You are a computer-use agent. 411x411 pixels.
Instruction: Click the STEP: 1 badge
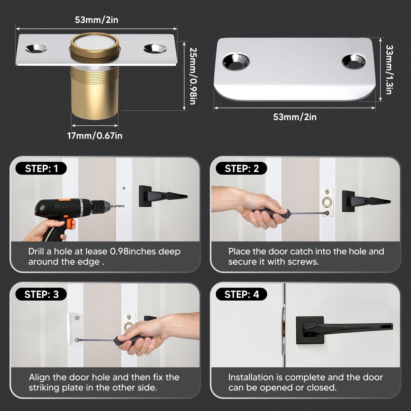(x=41, y=168)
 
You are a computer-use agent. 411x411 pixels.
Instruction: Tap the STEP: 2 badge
(x=241, y=168)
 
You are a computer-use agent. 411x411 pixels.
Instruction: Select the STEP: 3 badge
(x=41, y=294)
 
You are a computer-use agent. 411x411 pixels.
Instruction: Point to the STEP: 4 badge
(x=241, y=294)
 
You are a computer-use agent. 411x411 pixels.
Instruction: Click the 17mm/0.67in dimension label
(x=95, y=136)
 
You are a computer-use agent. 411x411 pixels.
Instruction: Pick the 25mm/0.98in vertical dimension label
(x=193, y=76)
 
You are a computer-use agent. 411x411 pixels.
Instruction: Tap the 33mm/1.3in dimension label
(x=389, y=69)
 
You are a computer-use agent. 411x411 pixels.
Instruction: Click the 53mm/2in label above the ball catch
(x=96, y=20)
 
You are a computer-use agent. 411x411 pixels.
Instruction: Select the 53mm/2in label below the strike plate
(x=295, y=117)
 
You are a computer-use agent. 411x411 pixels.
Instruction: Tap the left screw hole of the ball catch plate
(x=36, y=48)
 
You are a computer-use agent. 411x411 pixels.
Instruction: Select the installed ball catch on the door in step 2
(x=327, y=203)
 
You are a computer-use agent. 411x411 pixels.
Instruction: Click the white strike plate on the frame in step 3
(x=75, y=329)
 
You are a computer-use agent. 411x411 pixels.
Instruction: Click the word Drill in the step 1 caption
(x=36, y=251)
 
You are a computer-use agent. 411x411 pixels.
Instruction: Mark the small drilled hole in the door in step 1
(x=124, y=188)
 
